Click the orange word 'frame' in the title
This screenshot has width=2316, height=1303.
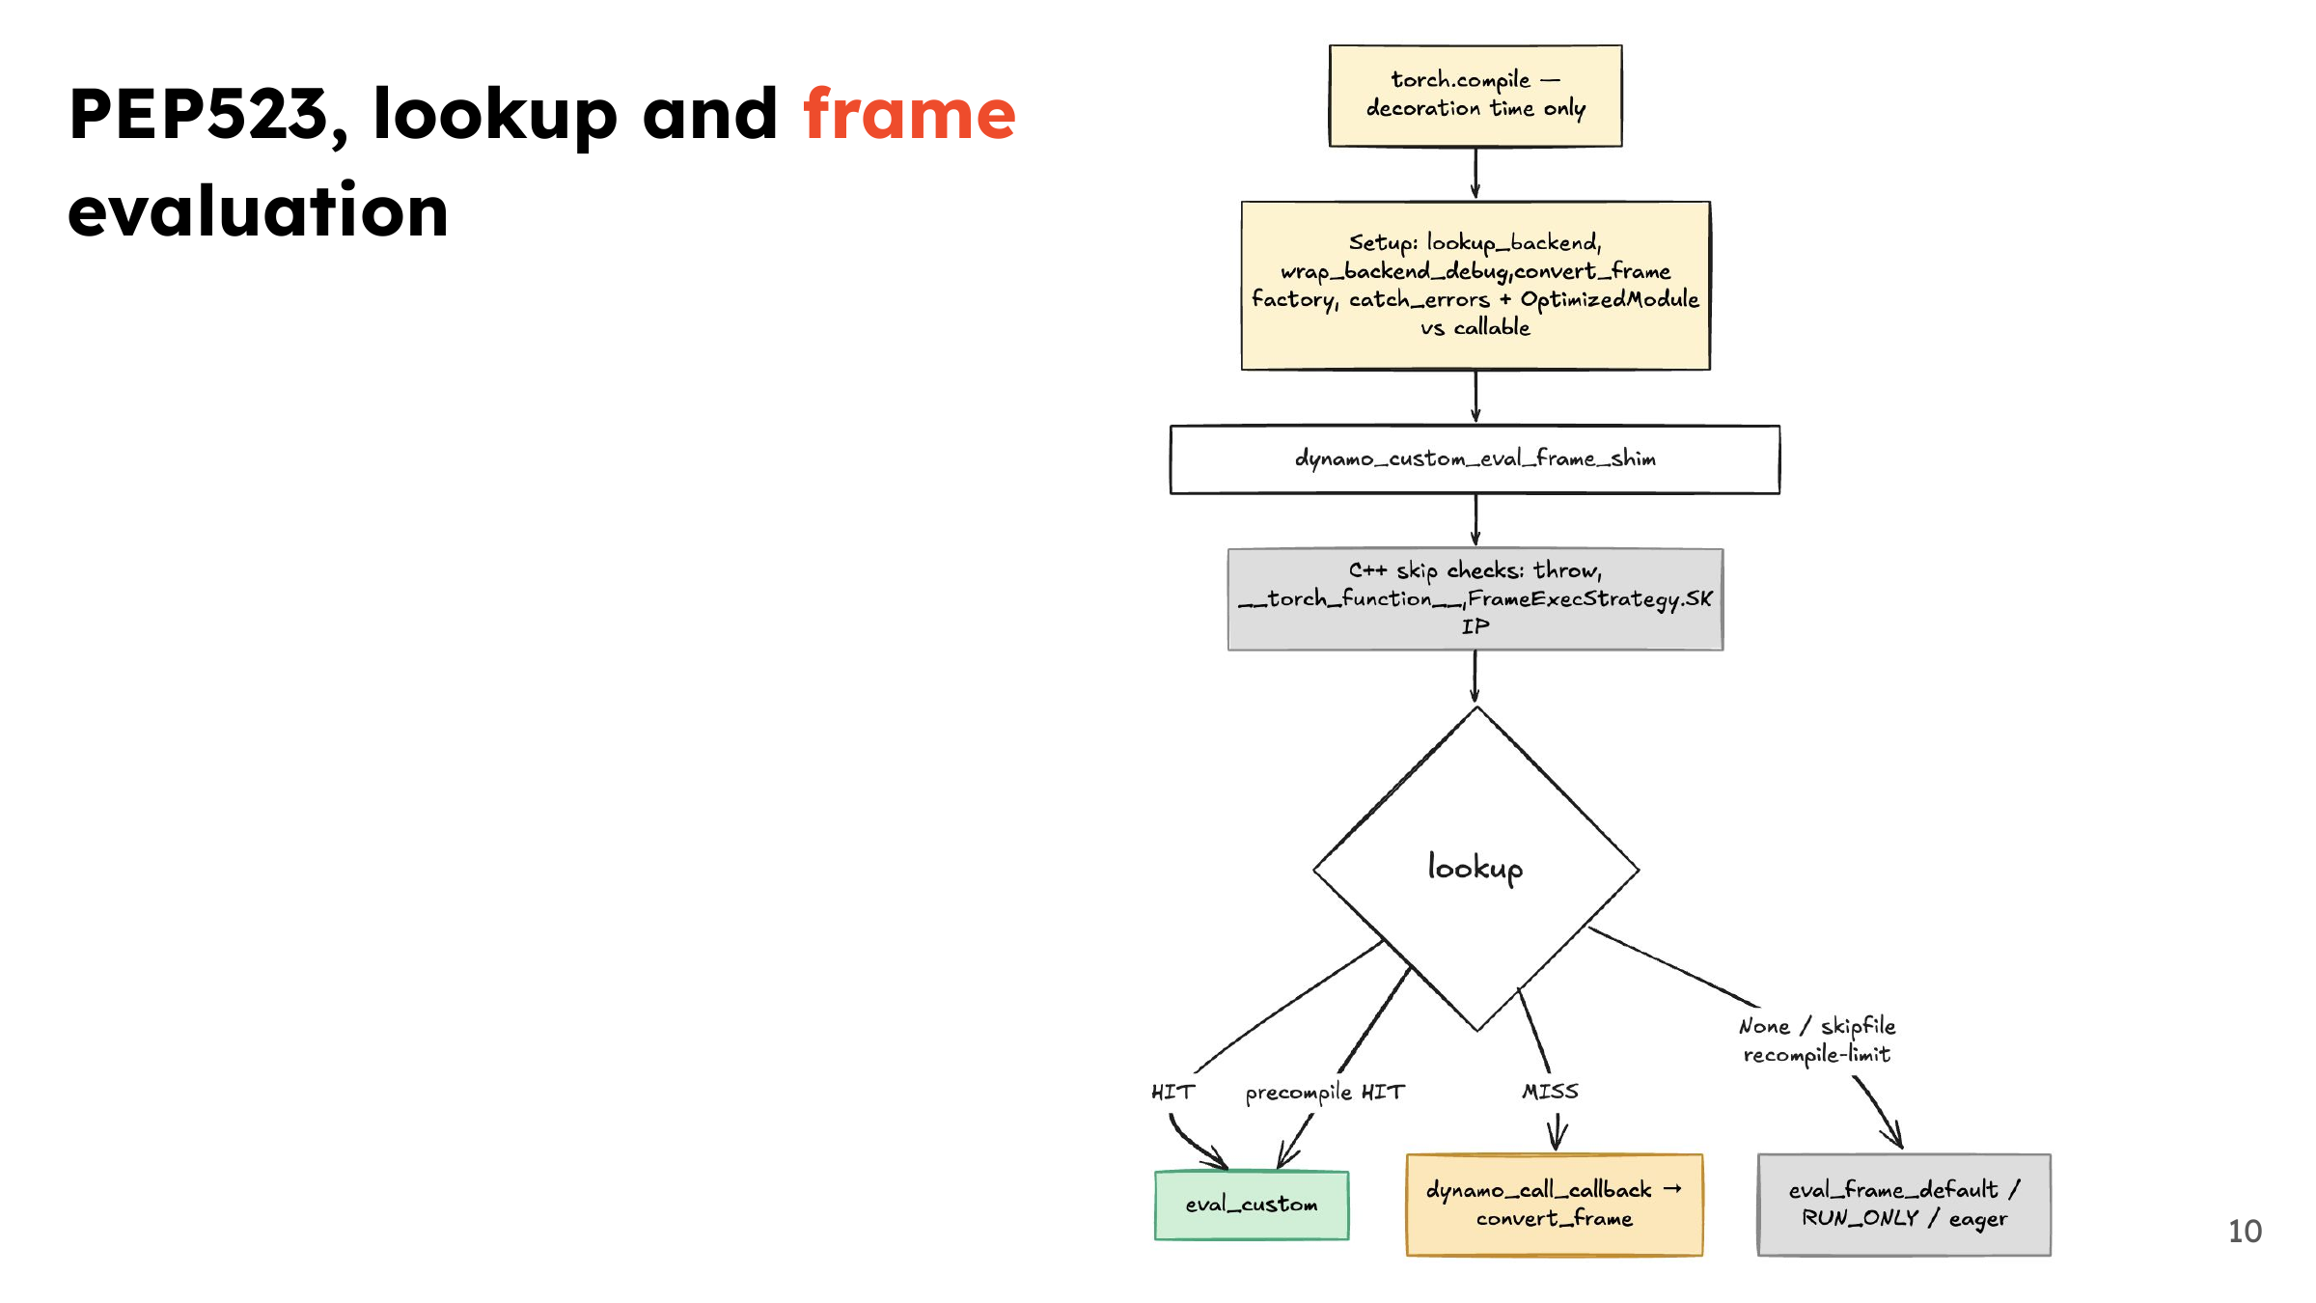pyautogui.click(x=909, y=114)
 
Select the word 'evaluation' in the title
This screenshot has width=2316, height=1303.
pyautogui.click(x=259, y=210)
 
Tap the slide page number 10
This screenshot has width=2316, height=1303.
pyautogui.click(x=2245, y=1231)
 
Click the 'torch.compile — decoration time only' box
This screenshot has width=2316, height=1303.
pyautogui.click(x=1475, y=96)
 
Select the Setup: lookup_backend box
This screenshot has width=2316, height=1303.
pyautogui.click(x=1475, y=286)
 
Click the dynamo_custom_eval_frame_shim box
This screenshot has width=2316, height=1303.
pyautogui.click(x=1475, y=459)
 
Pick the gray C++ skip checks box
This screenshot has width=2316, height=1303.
pyautogui.click(x=1475, y=599)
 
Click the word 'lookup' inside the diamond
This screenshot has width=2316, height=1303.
pyautogui.click(x=1475, y=867)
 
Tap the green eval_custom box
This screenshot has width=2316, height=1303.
pyautogui.click(x=1252, y=1205)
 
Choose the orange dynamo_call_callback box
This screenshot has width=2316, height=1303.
pyautogui.click(x=1554, y=1205)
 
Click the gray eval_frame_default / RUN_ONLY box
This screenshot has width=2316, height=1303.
pyautogui.click(x=1904, y=1205)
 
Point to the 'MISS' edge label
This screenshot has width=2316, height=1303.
pyautogui.click(x=1550, y=1092)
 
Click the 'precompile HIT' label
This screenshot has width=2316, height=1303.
pyautogui.click(x=1325, y=1093)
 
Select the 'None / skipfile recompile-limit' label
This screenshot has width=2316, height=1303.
pyautogui.click(x=1817, y=1040)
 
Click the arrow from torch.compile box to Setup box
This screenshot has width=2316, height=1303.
pyautogui.click(x=1475, y=174)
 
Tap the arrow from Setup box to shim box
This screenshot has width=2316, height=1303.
pyautogui.click(x=1475, y=397)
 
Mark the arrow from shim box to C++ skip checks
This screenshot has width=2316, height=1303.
pyautogui.click(x=1475, y=520)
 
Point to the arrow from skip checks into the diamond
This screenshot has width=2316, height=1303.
pyautogui.click(x=1475, y=678)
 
